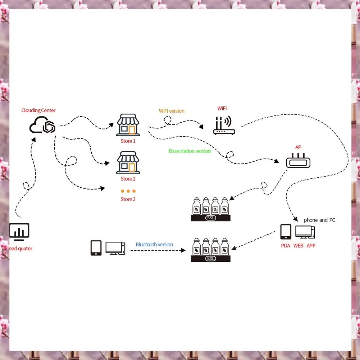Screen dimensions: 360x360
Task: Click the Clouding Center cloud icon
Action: (42, 125)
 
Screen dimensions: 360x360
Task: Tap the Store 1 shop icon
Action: (128, 126)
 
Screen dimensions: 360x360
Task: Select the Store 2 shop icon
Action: (128, 163)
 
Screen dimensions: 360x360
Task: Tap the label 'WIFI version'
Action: (172, 111)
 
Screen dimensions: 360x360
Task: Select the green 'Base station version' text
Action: (190, 151)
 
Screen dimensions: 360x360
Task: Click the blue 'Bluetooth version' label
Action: (154, 245)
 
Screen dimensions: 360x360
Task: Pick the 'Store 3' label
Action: (128, 199)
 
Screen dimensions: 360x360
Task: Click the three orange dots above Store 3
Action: (128, 191)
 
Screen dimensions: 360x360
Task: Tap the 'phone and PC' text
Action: (319, 220)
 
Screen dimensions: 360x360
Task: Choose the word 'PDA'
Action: (286, 246)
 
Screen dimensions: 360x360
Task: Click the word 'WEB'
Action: (299, 246)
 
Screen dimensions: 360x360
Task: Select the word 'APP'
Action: (311, 246)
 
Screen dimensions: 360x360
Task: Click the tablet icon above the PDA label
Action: (286, 232)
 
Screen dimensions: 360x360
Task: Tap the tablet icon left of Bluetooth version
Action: (96, 248)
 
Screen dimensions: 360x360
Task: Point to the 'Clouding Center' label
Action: (38, 110)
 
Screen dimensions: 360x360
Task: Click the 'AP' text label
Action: (298, 147)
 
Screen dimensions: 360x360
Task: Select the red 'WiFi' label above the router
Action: (222, 108)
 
